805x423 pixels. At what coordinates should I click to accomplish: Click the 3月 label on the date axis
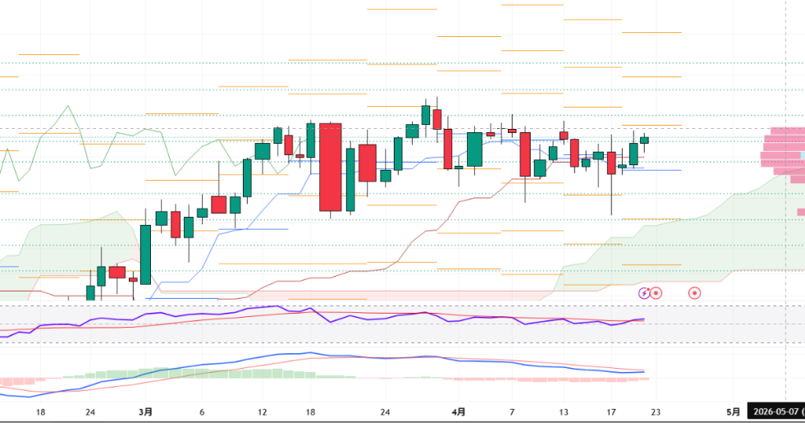click(145, 412)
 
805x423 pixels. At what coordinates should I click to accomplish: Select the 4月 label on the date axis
click(459, 412)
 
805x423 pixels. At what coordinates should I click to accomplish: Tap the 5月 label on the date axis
click(733, 412)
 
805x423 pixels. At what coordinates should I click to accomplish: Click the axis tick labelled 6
click(202, 412)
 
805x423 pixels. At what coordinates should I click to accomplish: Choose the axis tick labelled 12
click(263, 412)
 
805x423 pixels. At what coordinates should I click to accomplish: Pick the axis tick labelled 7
click(512, 412)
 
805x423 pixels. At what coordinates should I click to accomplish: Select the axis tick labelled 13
click(563, 412)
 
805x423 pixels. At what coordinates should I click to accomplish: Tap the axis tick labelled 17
click(611, 412)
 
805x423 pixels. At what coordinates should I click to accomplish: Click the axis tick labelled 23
click(656, 412)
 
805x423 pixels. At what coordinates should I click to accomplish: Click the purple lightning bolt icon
click(645, 293)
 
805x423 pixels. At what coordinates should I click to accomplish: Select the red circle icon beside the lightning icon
click(656, 293)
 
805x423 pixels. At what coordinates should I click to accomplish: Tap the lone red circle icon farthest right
click(694, 293)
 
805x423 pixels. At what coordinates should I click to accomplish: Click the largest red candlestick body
click(330, 167)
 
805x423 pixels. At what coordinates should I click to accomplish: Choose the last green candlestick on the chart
click(645, 140)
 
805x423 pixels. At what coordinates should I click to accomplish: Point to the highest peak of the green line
click(69, 106)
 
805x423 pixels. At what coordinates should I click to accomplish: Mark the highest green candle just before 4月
click(426, 115)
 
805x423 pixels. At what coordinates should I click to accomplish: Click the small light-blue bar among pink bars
click(802, 155)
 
